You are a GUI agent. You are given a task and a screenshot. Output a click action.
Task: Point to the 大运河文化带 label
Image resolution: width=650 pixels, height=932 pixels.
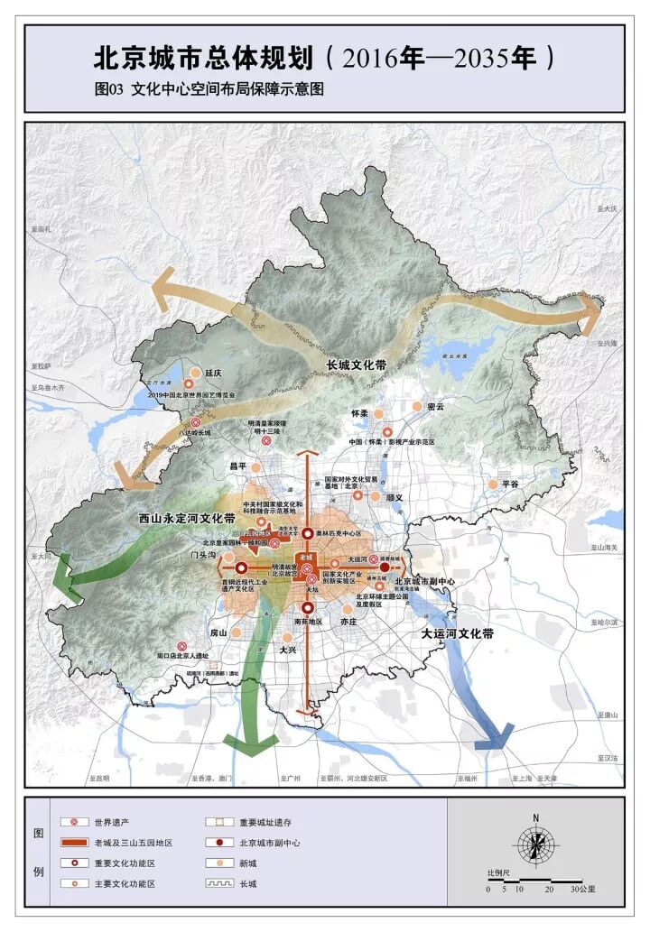click(458, 634)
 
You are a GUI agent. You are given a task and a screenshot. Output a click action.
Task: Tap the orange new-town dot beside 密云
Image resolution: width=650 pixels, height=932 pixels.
click(417, 407)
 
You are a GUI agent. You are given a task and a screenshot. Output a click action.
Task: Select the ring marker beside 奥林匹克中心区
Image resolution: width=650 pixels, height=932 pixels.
click(307, 534)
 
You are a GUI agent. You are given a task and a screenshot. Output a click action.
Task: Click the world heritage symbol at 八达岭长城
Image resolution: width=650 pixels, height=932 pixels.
click(194, 422)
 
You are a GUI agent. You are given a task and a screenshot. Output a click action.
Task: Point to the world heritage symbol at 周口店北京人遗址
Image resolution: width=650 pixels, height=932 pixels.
click(181, 646)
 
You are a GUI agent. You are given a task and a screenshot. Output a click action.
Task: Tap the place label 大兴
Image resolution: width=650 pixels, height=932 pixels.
click(287, 650)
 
